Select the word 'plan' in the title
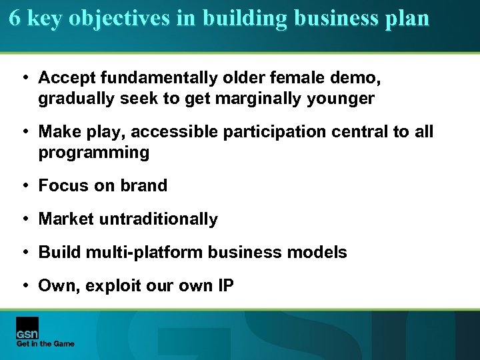(x=407, y=18)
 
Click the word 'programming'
(x=93, y=153)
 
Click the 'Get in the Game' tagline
(x=45, y=344)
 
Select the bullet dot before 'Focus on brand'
(x=25, y=186)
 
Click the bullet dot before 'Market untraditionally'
(x=25, y=219)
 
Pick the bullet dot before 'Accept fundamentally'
(x=25, y=78)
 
